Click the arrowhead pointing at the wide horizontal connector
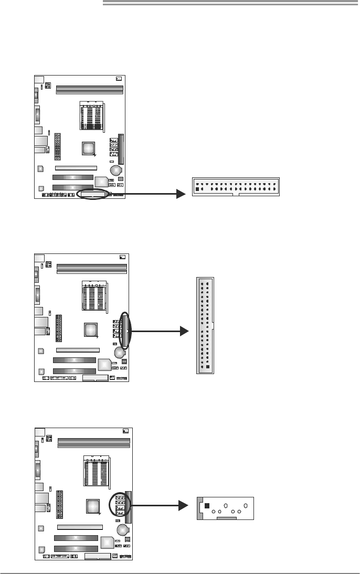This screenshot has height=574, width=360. pyautogui.click(x=181, y=194)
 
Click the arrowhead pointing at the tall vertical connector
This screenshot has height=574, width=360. pyautogui.click(x=183, y=332)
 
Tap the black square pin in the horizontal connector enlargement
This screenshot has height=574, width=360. pyautogui.click(x=197, y=189)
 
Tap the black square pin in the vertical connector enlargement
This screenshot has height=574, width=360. pyautogui.click(x=208, y=368)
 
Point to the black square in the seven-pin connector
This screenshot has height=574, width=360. pyautogui.click(x=207, y=505)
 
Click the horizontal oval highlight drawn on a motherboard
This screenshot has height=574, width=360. pyautogui.click(x=93, y=194)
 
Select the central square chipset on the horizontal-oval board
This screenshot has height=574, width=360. pyautogui.click(x=89, y=148)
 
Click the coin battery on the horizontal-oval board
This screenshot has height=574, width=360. pyautogui.click(x=116, y=170)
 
